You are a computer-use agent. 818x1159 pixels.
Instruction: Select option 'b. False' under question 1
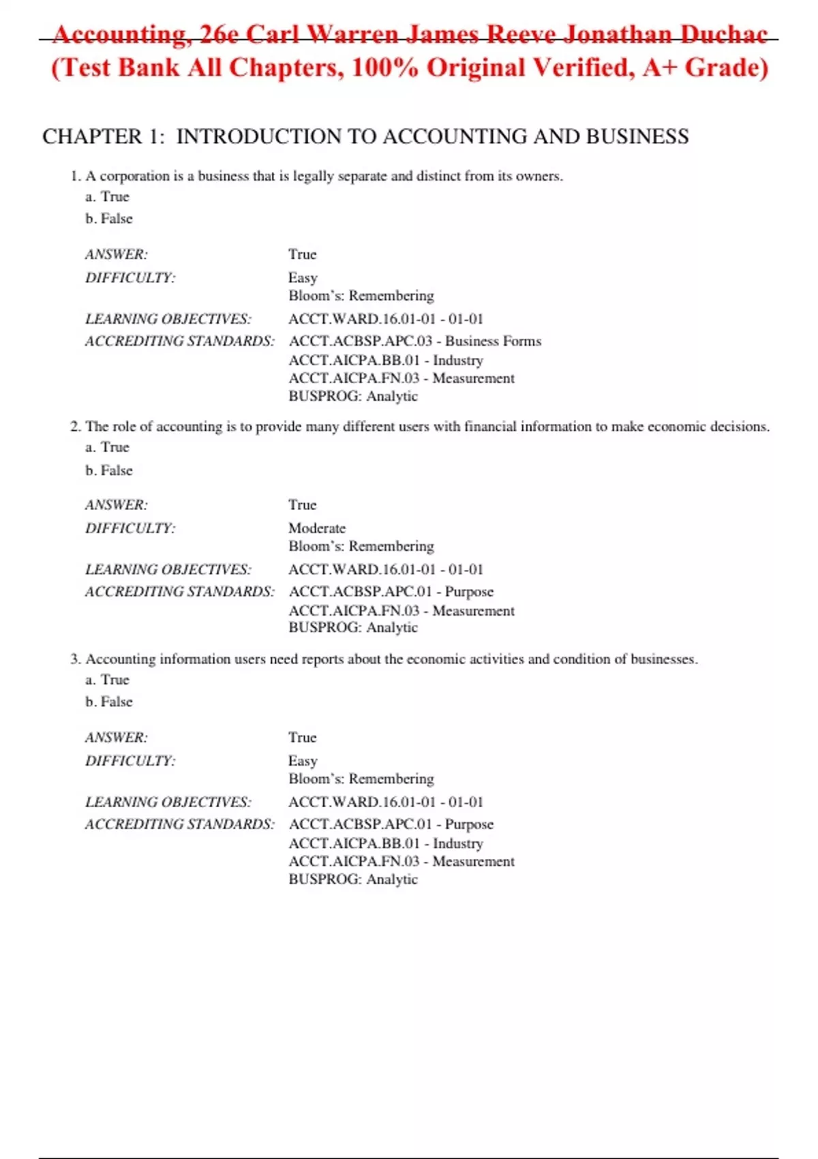tap(109, 219)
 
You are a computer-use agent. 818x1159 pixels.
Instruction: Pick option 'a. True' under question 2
tap(107, 447)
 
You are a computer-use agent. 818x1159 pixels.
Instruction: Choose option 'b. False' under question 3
tap(109, 702)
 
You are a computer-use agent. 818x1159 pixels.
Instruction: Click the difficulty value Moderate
tap(317, 528)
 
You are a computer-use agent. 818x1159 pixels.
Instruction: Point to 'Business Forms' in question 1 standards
tap(493, 341)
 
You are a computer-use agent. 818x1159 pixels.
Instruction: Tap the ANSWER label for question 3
tap(116, 738)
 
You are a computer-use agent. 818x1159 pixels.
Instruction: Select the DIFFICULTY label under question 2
tap(130, 528)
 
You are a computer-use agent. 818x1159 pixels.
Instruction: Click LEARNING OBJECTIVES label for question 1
tap(168, 319)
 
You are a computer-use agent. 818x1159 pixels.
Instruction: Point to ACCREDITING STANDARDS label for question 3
tap(180, 824)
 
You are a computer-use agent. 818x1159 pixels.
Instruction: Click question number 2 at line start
tap(75, 427)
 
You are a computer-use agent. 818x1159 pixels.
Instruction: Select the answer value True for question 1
tap(302, 254)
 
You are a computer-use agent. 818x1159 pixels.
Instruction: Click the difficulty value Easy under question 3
tap(303, 761)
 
